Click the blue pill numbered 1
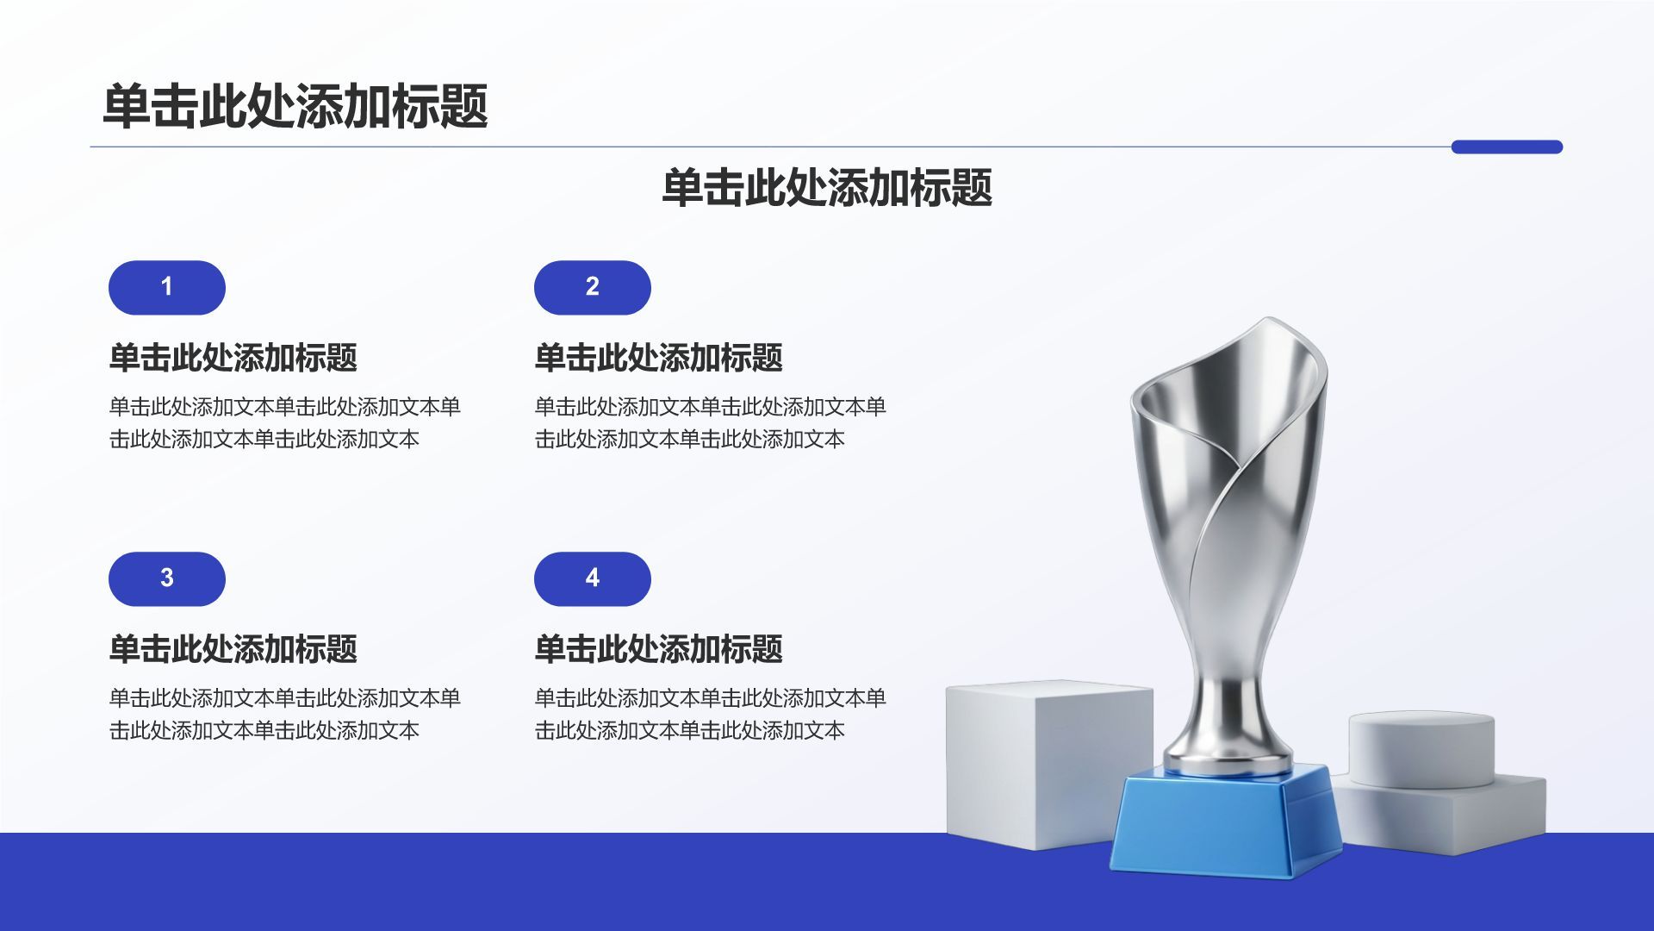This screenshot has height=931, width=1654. (x=167, y=287)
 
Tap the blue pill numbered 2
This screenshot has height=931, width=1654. (x=593, y=287)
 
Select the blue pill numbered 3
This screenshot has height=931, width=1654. (x=167, y=578)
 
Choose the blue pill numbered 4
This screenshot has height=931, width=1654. (x=593, y=578)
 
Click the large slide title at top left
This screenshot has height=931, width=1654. (x=295, y=106)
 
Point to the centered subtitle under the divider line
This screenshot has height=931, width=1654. (x=827, y=187)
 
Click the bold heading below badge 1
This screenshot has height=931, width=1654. (x=233, y=357)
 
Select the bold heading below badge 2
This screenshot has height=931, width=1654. (x=658, y=357)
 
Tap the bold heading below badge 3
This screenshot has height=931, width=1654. (x=233, y=648)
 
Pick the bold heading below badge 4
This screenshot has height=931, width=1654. (x=658, y=648)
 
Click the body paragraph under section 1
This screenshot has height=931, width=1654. (x=284, y=422)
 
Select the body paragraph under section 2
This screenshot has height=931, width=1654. (x=710, y=422)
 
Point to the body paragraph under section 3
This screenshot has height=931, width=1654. (x=284, y=714)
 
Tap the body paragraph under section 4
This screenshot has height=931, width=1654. (x=710, y=714)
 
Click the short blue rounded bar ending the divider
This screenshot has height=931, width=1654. (x=1507, y=147)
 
